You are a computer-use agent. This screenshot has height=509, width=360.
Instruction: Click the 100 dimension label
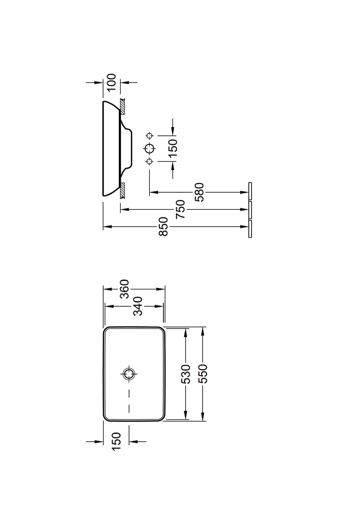point(111,83)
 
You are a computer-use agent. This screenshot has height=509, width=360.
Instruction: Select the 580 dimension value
point(200,192)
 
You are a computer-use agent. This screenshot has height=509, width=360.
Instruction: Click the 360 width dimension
point(125,288)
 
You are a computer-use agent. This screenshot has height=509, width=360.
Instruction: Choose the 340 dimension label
point(138,306)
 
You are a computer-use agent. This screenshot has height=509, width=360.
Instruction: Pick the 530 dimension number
point(185,374)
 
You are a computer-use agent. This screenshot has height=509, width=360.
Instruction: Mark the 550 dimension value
point(203,374)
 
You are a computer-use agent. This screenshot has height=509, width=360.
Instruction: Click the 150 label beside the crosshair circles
point(173,148)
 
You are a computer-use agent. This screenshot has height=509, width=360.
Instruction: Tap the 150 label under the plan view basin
point(116,442)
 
